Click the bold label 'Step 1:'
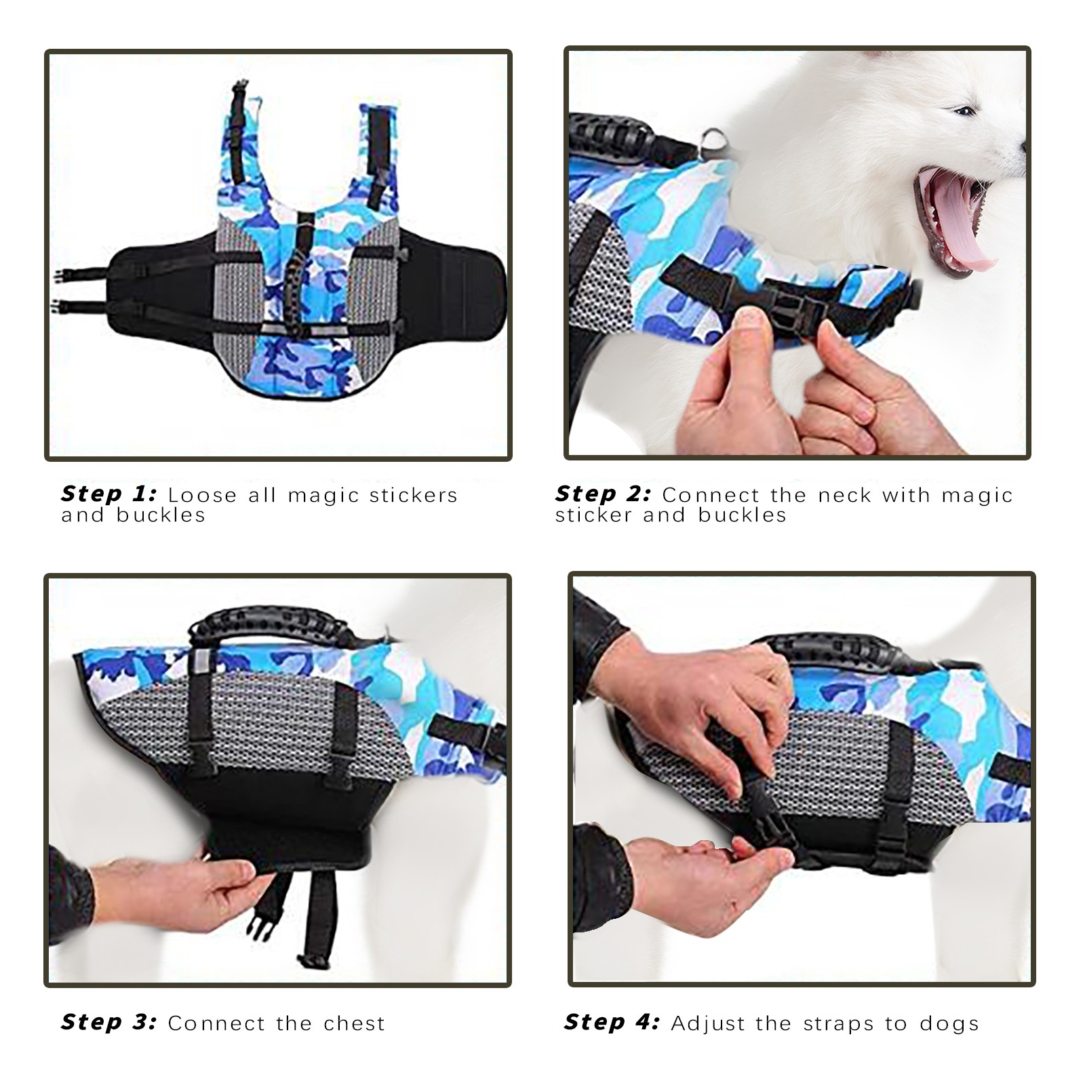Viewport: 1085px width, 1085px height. [108, 494]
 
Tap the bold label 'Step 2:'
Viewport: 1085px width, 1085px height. [603, 494]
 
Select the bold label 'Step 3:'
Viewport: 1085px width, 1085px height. [108, 1022]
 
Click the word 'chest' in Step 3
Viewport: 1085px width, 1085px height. [354, 1023]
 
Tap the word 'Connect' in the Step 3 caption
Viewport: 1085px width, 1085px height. [216, 1023]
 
